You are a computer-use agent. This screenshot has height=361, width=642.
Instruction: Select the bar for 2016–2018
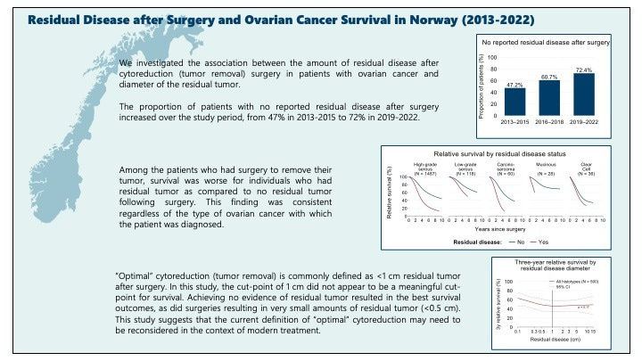549,96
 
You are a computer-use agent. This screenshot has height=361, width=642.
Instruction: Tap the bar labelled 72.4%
587,93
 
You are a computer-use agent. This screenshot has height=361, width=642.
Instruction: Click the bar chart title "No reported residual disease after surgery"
546,43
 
